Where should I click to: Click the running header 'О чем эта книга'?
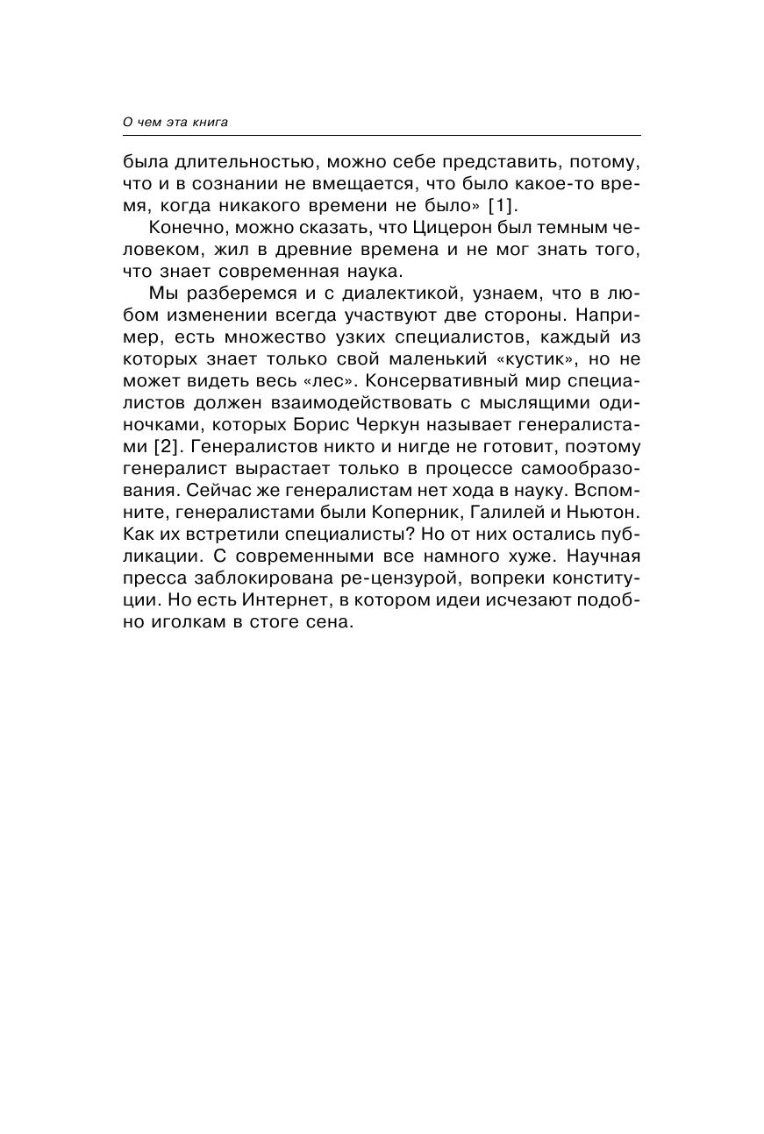point(175,122)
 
